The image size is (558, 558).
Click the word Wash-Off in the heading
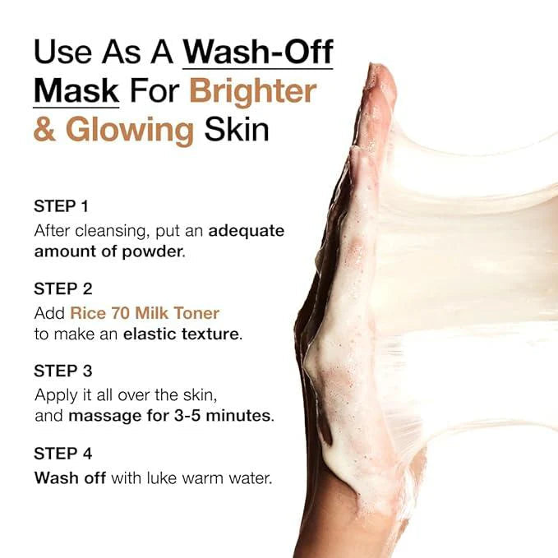[258, 53]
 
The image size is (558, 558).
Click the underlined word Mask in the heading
[76, 91]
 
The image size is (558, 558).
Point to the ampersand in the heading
[45, 130]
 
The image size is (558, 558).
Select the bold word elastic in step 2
[151, 334]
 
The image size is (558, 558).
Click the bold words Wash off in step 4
[70, 477]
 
